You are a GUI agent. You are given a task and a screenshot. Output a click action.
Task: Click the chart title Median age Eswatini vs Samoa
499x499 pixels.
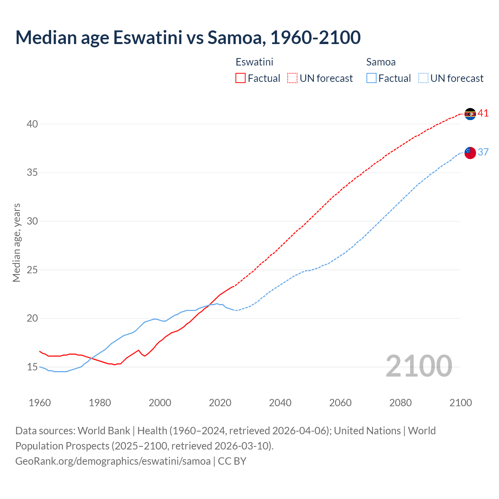click(188, 37)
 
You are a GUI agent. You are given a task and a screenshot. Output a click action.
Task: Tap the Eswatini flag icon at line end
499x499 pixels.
click(470, 114)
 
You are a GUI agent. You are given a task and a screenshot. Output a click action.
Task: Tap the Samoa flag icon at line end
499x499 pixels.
click(470, 153)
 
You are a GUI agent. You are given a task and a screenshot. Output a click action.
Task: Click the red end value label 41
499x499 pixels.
click(483, 113)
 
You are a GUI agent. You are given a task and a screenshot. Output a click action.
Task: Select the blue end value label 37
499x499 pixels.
click(483, 152)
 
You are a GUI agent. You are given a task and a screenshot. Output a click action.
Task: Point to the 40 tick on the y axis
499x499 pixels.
click(32, 124)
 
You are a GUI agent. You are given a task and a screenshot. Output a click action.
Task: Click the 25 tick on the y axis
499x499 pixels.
click(32, 270)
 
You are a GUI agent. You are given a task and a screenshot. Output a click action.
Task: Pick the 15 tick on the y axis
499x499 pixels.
click(32, 367)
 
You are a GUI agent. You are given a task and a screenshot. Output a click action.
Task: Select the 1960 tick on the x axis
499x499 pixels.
click(40, 403)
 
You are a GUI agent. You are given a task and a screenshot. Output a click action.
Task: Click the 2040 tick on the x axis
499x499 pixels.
click(280, 403)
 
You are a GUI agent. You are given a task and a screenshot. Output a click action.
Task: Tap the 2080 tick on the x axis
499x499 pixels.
click(400, 403)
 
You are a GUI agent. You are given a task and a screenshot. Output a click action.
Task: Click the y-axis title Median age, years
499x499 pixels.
click(16, 242)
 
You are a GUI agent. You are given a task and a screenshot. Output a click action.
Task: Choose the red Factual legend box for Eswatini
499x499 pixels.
click(241, 78)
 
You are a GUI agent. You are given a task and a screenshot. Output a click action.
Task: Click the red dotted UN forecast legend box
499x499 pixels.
click(292, 78)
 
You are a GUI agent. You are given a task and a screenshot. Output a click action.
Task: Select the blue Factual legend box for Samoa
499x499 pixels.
click(372, 78)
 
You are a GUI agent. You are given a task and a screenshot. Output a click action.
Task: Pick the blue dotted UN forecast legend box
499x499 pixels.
click(423, 78)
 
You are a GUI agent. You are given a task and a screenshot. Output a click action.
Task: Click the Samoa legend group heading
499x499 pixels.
click(381, 62)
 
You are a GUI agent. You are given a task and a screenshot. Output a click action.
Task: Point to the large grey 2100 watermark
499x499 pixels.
click(419, 366)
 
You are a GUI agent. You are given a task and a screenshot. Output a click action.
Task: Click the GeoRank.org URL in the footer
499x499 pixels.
click(113, 461)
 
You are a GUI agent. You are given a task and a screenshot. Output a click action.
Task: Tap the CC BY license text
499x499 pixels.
click(232, 461)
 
